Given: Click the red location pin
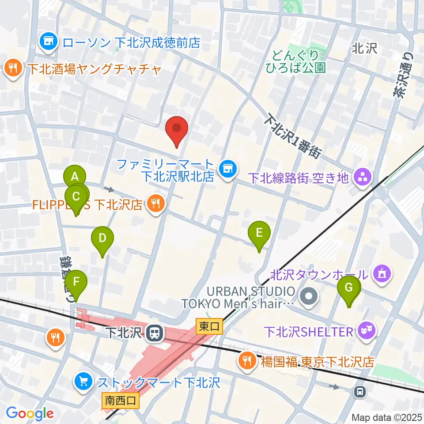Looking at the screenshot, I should (177, 129).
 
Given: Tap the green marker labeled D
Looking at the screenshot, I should (102, 239).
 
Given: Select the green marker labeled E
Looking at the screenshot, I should (259, 233).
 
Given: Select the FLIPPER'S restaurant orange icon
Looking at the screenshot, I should (155, 204).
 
